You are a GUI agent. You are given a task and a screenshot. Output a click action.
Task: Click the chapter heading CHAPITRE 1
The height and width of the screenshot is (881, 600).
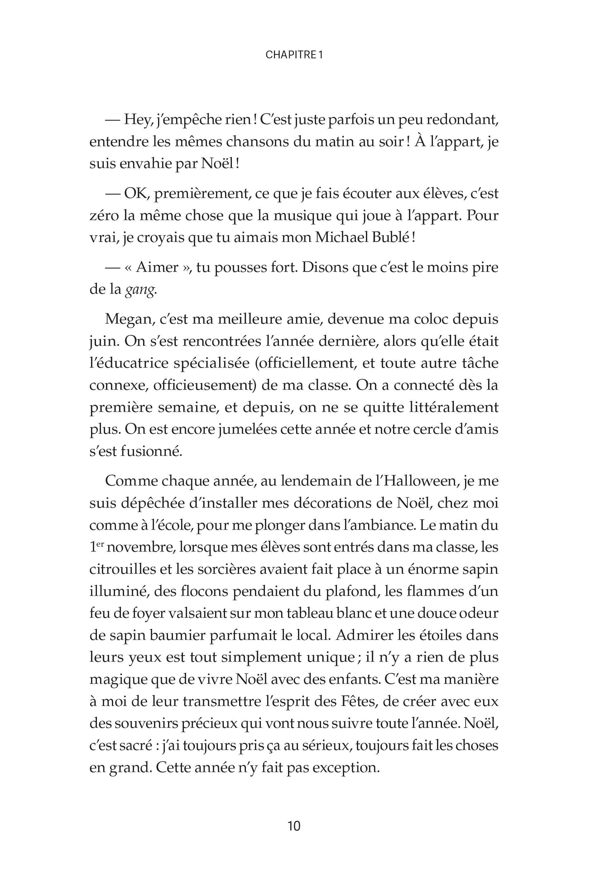294,55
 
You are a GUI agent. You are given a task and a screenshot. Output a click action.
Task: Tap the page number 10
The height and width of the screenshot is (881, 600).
294,826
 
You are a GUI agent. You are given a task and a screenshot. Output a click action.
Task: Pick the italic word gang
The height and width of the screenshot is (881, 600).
141,290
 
